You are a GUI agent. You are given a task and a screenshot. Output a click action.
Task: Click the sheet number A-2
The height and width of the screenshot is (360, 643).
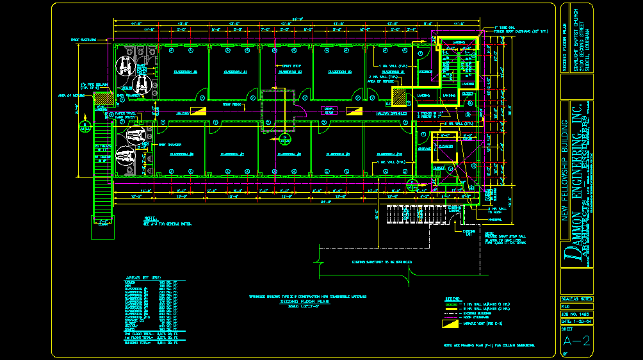click(x=579, y=341)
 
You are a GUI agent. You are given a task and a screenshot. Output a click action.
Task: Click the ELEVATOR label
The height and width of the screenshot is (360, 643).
click(x=445, y=145)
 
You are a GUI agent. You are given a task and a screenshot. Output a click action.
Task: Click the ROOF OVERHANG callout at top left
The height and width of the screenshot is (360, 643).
click(x=84, y=40)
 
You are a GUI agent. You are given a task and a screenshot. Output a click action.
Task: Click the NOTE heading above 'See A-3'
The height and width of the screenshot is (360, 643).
click(x=151, y=218)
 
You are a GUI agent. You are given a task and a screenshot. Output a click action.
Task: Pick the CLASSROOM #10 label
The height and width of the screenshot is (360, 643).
click(x=389, y=154)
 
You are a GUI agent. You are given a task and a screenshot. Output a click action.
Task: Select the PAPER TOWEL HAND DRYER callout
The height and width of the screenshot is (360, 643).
click(x=125, y=115)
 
